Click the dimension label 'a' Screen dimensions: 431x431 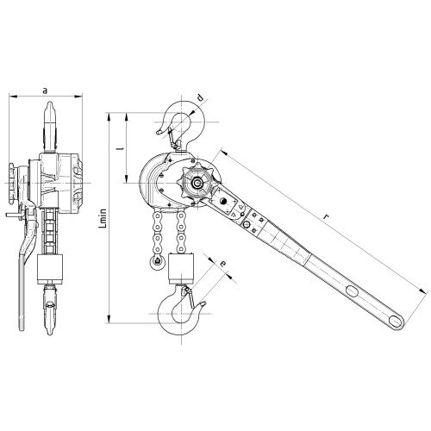point(45,91)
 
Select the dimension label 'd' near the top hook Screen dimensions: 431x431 point(201,97)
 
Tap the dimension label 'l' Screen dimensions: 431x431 point(121,148)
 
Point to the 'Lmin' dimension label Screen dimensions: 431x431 point(103,218)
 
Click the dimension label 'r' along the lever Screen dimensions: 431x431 point(325,217)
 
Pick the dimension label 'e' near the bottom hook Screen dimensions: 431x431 point(223,263)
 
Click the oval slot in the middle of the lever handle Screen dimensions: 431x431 point(352,290)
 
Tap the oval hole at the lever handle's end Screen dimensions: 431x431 point(397,322)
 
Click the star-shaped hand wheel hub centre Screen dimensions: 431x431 point(197,183)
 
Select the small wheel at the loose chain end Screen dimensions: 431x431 point(157,263)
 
